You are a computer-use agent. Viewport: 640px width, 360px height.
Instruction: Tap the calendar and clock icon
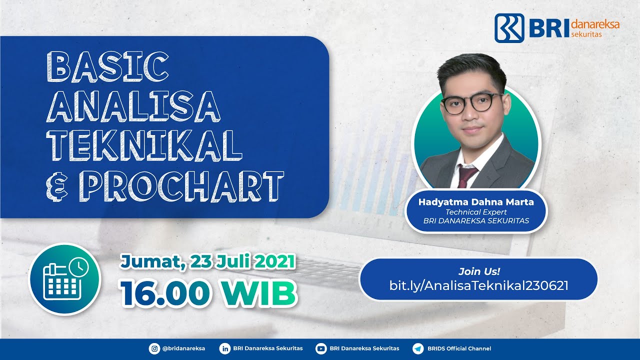point(65,279)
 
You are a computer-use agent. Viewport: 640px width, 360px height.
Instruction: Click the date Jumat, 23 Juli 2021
point(207,261)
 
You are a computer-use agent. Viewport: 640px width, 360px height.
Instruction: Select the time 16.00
point(162,292)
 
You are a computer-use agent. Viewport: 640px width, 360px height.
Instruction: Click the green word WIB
point(258,292)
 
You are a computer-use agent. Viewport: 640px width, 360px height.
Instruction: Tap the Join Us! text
point(479,271)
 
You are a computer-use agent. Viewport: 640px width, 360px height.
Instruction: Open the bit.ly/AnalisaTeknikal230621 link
point(478,285)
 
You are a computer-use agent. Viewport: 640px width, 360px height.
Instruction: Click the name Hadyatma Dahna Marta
point(476,202)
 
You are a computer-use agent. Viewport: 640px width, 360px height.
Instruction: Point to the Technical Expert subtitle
point(476,212)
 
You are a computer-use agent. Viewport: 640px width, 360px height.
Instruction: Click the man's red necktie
point(466,176)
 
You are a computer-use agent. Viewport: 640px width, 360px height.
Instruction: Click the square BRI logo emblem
point(509,27)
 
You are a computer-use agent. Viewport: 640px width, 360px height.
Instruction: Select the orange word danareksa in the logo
point(594,24)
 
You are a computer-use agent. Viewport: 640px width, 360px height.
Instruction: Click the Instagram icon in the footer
point(154,348)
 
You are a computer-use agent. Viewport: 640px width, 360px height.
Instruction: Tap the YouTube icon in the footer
point(321,348)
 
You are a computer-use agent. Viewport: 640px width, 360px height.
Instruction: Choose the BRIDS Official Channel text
point(459,348)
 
